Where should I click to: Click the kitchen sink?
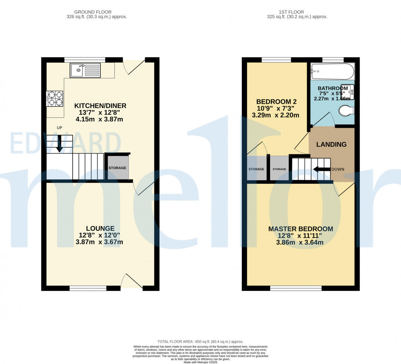click(x=85, y=70)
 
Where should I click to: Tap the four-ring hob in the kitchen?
click(x=55, y=98)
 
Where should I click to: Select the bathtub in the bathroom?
click(x=332, y=71)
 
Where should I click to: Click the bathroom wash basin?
click(x=348, y=92)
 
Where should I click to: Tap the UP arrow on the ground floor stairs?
click(x=59, y=144)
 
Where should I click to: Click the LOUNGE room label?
click(x=100, y=229)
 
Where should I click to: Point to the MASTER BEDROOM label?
click(x=300, y=229)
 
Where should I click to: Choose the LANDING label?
click(x=331, y=144)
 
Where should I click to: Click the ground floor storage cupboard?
click(x=117, y=168)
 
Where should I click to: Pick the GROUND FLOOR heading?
click(x=93, y=12)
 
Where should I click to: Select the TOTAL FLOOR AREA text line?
click(x=200, y=341)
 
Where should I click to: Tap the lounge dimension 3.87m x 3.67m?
click(x=99, y=242)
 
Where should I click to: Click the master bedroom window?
click(x=296, y=288)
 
